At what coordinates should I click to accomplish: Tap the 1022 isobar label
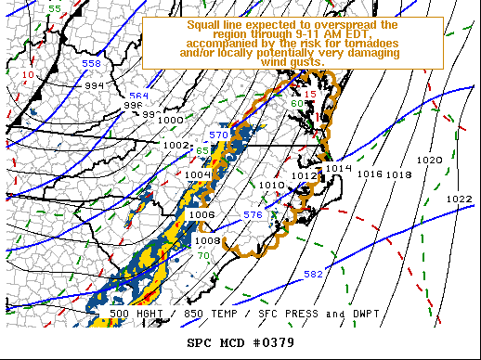click(x=458, y=199)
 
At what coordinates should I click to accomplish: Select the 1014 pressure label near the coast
click(x=340, y=168)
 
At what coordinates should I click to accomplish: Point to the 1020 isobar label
click(x=430, y=161)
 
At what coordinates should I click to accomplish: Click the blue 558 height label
click(x=91, y=64)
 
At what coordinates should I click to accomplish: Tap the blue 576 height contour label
click(x=253, y=215)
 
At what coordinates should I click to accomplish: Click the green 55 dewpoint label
click(x=55, y=8)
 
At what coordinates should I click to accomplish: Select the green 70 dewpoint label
click(x=202, y=255)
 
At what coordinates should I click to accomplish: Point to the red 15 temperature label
click(x=310, y=95)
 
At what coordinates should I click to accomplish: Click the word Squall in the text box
click(x=206, y=25)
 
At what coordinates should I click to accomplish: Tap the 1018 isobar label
click(x=399, y=174)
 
